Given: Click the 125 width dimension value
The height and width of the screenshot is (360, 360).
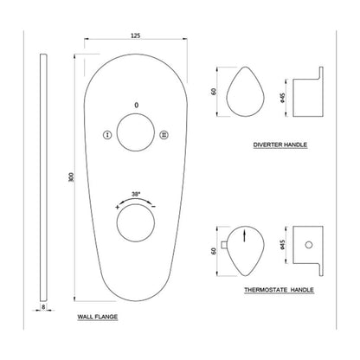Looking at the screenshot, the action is click(x=136, y=35).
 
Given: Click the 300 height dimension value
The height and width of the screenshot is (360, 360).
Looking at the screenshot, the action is click(x=71, y=177).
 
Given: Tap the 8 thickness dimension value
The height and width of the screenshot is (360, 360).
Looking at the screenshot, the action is click(x=43, y=307).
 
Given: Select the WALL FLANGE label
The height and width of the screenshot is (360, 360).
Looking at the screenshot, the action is click(x=98, y=317).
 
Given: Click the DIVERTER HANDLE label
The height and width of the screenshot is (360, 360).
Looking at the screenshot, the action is click(x=280, y=145).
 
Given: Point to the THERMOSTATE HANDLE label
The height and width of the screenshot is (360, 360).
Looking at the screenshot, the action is click(x=279, y=290).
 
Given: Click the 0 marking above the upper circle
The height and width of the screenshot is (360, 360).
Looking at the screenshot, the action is click(x=137, y=105).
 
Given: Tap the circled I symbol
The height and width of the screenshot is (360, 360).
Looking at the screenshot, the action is click(x=107, y=135).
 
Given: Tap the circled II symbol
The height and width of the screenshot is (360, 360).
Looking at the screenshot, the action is click(x=164, y=135).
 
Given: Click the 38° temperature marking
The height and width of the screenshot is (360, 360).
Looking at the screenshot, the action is click(x=136, y=194).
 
